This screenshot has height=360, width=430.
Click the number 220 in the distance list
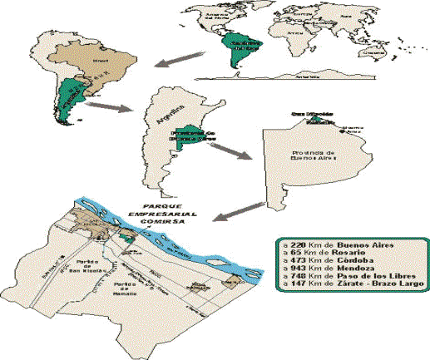[x=302, y=244]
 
